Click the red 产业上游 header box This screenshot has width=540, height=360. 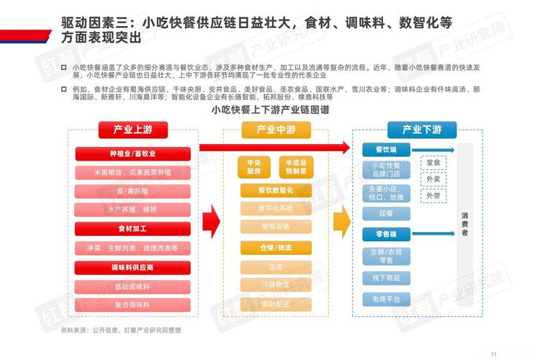point(132,130)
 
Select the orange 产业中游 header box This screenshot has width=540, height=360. point(276,130)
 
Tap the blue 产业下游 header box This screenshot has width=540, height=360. point(421,130)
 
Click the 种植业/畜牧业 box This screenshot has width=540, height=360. point(132,153)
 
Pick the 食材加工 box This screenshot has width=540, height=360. point(132,228)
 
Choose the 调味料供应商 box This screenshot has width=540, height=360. point(132,267)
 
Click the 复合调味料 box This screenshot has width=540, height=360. point(132,305)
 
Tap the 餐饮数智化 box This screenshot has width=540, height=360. point(276,191)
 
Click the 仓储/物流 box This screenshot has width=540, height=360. point(276,247)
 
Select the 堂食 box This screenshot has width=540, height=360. point(433,163)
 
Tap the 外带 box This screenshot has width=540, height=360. point(433,195)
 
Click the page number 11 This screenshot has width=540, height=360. point(494,353)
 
